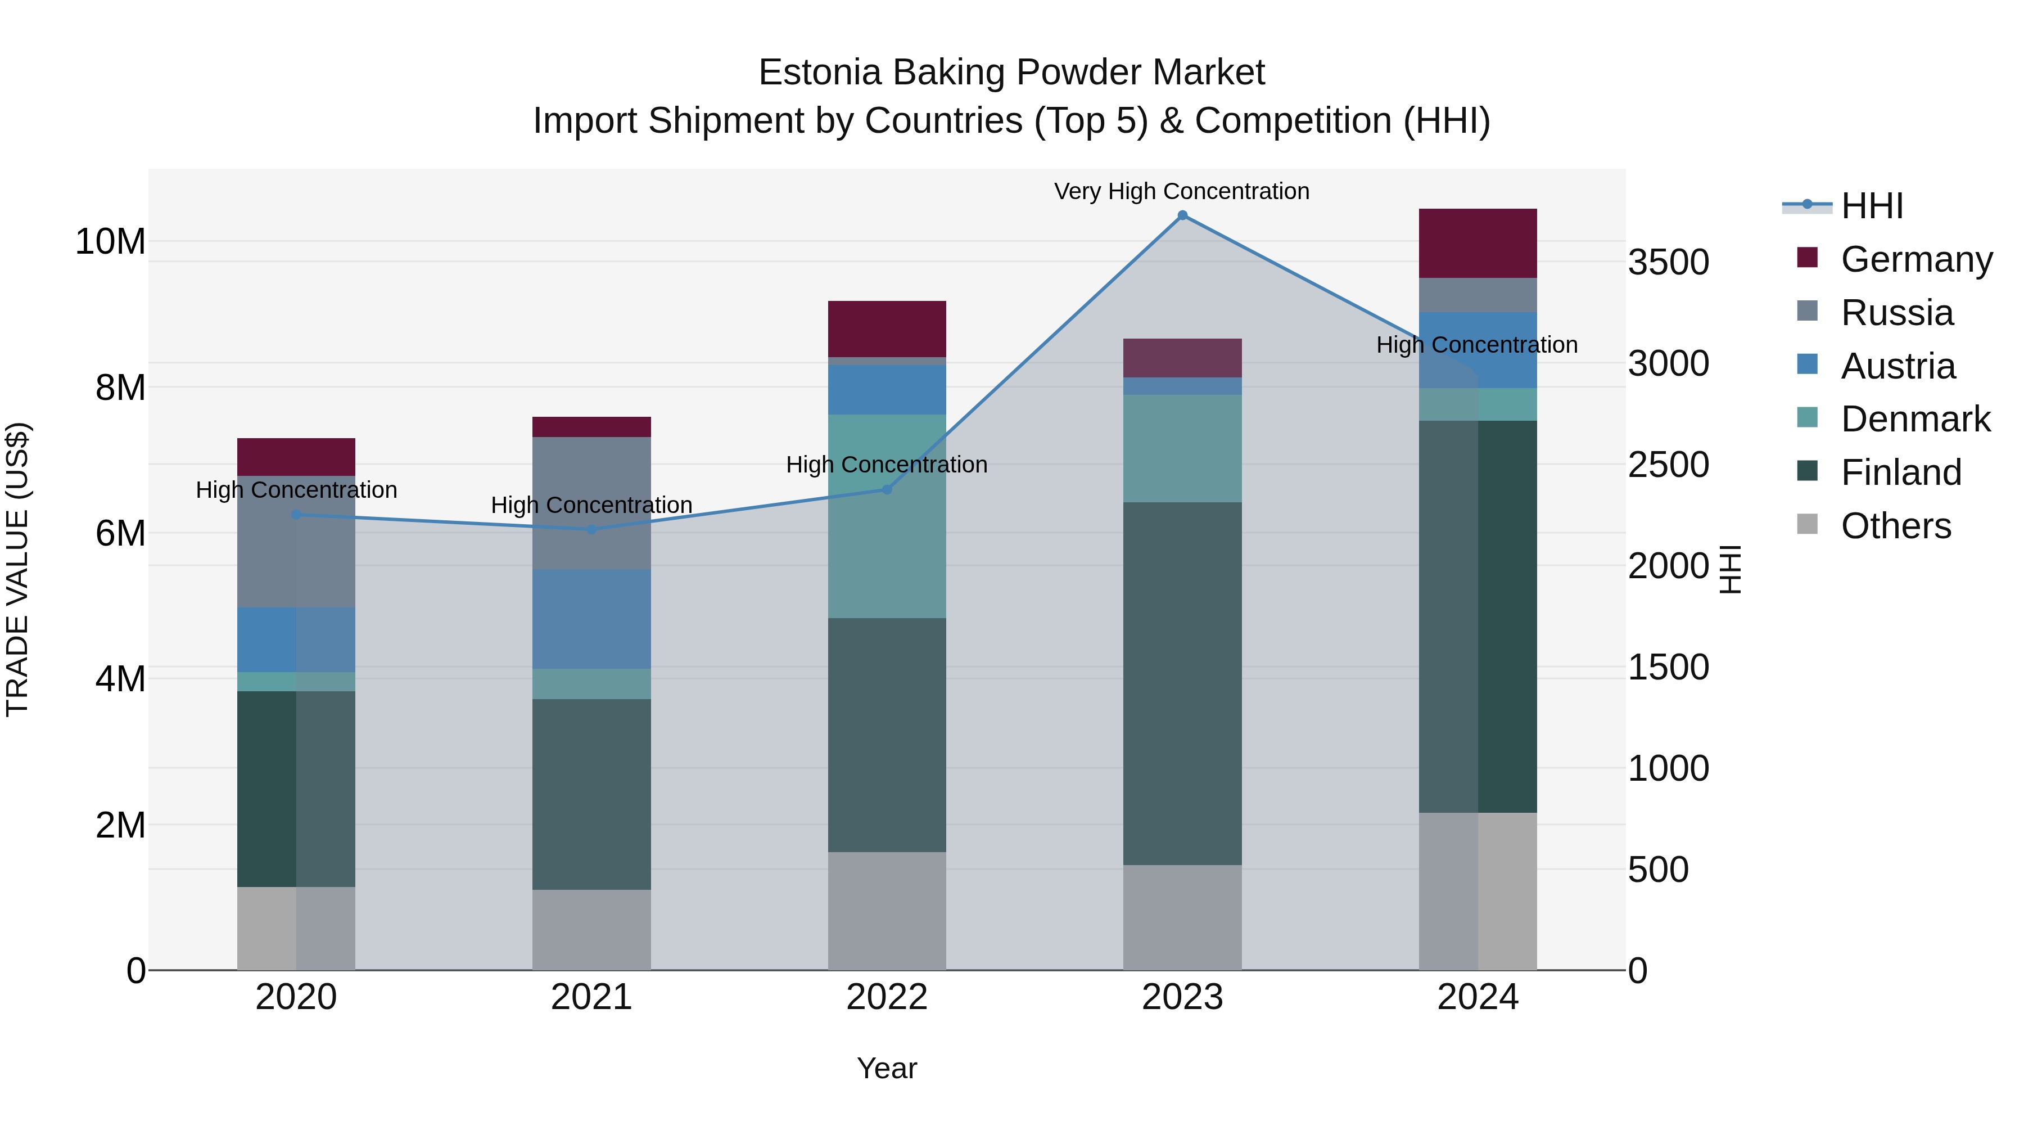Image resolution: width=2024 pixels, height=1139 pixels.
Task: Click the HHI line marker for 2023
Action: [x=1182, y=215]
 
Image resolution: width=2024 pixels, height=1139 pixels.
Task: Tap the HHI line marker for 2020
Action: [x=296, y=515]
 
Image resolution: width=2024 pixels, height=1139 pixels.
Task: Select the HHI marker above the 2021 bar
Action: [x=591, y=529]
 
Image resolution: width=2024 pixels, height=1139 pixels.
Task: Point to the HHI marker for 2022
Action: [x=887, y=490]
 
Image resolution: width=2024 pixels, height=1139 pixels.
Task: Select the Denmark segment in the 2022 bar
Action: [x=887, y=516]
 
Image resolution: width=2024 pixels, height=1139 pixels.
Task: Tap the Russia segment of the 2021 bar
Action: [x=591, y=503]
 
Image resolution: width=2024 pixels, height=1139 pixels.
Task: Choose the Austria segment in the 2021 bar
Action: [x=591, y=619]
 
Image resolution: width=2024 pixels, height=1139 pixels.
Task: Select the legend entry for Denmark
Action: [x=1915, y=419]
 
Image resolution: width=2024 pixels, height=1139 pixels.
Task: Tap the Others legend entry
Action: [x=1895, y=526]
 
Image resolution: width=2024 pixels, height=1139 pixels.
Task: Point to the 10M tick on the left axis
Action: [x=110, y=241]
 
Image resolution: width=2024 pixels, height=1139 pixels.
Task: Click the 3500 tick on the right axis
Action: [x=1668, y=263]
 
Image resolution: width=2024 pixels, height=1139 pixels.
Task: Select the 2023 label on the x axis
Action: [x=1182, y=997]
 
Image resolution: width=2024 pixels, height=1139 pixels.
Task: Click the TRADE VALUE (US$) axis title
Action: [x=18, y=569]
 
